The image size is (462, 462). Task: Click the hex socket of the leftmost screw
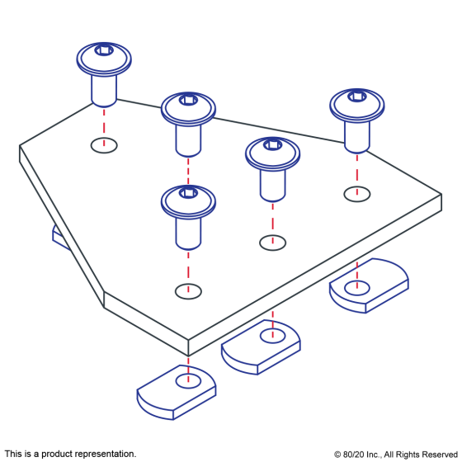(x=104, y=50)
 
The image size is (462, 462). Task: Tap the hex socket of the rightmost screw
(x=357, y=97)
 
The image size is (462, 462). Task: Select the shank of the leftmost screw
(x=104, y=91)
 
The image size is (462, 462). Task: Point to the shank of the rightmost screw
(x=357, y=137)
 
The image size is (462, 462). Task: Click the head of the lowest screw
(x=188, y=203)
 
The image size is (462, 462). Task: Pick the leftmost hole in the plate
(x=104, y=145)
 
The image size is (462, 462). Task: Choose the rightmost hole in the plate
(x=357, y=194)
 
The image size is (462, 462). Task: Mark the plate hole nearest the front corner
(x=188, y=291)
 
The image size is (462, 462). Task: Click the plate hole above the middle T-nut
(x=272, y=243)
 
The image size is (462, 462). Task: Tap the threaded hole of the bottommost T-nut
(x=188, y=381)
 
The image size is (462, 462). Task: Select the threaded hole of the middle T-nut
(x=272, y=336)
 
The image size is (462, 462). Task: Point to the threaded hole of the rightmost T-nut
(x=356, y=288)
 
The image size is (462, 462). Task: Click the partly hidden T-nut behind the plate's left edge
(x=60, y=238)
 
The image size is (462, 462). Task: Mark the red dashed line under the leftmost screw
(x=104, y=127)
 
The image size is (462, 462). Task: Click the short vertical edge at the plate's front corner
(x=188, y=347)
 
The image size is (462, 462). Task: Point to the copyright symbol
(x=337, y=455)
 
